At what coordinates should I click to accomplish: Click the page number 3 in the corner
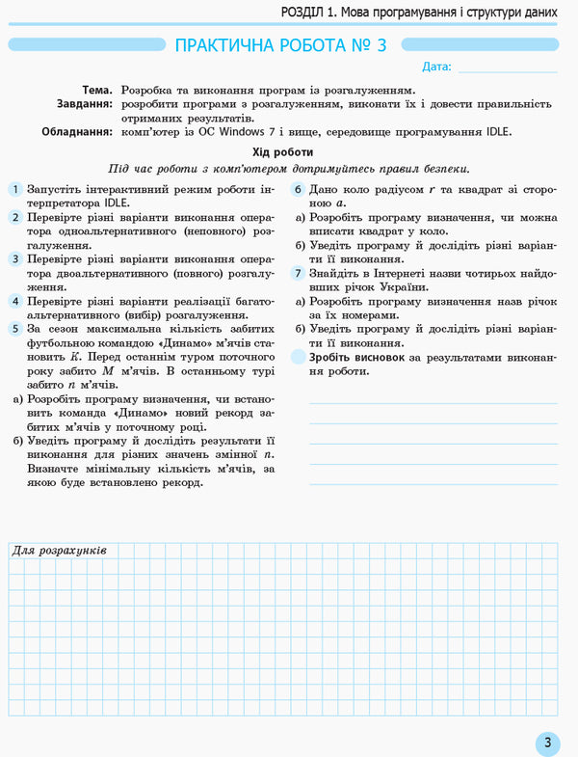pos(546,742)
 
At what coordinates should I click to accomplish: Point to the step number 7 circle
pos(299,274)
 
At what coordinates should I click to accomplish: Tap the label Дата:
pos(436,67)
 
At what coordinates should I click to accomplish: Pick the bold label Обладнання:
pos(77,132)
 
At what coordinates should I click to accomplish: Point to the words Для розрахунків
pos(59,550)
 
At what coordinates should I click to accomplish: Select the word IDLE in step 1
pos(112,203)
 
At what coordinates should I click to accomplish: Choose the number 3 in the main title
pos(381,45)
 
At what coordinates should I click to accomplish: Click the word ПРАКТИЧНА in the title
pos(224,45)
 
